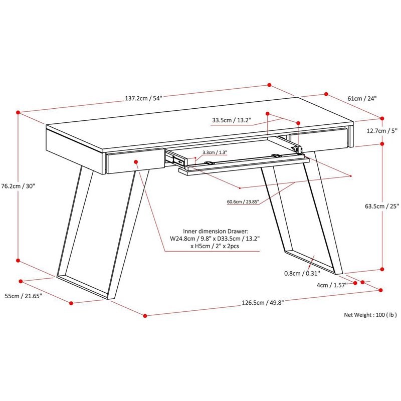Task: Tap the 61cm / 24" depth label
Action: tap(361, 98)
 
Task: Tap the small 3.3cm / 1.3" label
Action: tap(215, 152)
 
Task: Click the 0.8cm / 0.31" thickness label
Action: tap(302, 274)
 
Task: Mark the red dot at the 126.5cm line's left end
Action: tap(145, 315)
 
